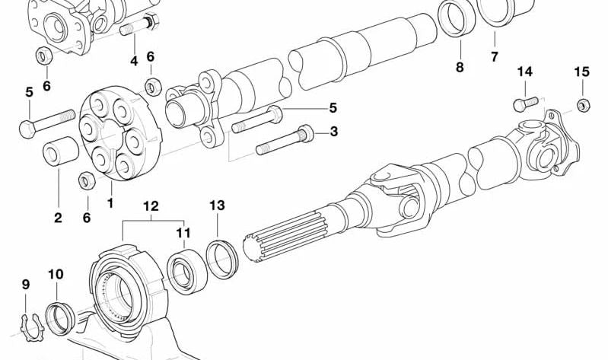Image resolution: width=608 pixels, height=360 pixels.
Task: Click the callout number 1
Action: pos(110,203)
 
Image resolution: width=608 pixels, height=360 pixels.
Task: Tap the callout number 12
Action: pos(151,205)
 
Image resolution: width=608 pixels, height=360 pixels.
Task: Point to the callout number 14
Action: pos(524,72)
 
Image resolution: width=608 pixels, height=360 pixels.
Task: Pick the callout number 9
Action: pos(26,285)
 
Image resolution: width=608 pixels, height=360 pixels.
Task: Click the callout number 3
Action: pos(333,132)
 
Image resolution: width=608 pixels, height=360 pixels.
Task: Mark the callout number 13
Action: pos(217,205)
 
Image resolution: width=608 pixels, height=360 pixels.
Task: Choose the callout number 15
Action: pos(581,72)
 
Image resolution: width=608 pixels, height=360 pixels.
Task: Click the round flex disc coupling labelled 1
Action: pos(115,135)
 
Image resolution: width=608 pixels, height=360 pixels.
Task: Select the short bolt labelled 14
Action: pos(526,101)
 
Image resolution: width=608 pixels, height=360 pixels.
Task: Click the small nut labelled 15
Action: pos(582,105)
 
